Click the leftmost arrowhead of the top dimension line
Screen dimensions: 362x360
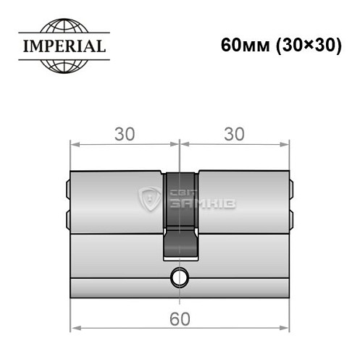(x=74, y=143)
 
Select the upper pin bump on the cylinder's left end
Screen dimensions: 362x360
(x=67, y=189)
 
